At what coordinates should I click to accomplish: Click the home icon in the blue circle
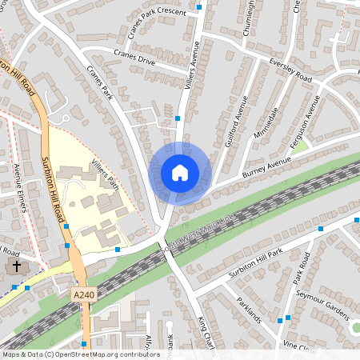point(180,173)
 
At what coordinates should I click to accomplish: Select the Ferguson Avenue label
point(306,115)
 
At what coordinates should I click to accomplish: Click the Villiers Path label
point(105,174)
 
